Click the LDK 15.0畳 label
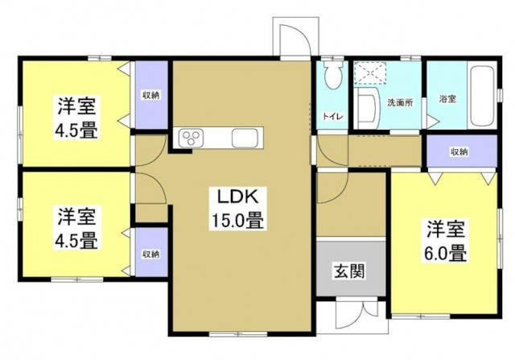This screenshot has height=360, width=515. tap(238, 209)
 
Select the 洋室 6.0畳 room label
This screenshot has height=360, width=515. tap(446, 241)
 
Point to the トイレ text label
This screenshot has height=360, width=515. tap(333, 116)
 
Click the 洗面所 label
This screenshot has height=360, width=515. tap(400, 102)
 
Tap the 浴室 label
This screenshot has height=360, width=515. tap(447, 98)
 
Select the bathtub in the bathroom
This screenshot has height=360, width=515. tap(482, 96)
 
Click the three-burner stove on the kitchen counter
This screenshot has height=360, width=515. tap(191, 138)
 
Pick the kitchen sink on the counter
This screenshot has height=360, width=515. tap(245, 138)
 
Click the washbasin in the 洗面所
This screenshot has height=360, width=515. tap(367, 108)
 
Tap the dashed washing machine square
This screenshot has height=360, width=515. tap(370, 72)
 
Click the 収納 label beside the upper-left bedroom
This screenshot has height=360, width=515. tap(151, 95)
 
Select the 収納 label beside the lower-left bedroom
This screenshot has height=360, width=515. tap(151, 254)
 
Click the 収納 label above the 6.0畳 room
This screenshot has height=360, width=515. tap(459, 151)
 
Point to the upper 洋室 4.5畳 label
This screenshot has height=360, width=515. tap(76, 118)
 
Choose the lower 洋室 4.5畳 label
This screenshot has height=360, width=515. tap(76, 228)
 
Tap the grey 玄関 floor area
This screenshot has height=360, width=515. tap(351, 266)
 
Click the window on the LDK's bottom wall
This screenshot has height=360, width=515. tap(238, 334)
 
